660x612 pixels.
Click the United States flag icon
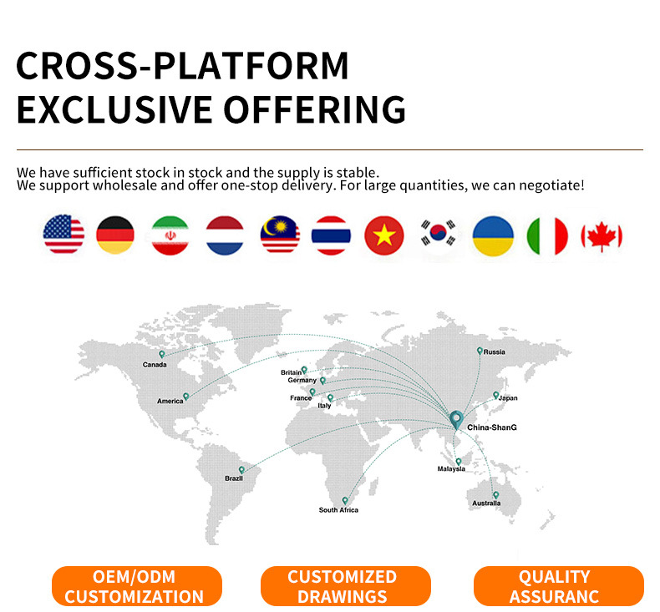click(x=63, y=235)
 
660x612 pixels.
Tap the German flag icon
click(x=115, y=235)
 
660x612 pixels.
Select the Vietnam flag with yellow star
click(x=383, y=235)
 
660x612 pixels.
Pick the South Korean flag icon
click(x=438, y=233)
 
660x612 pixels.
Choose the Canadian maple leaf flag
click(x=602, y=236)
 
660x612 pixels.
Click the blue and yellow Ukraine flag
click(x=493, y=235)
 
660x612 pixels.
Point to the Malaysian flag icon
click(x=280, y=235)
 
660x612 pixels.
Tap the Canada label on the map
click(x=155, y=365)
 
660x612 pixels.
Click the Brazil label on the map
click(x=234, y=478)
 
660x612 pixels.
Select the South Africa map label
click(x=338, y=510)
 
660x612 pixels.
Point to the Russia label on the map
click(x=494, y=352)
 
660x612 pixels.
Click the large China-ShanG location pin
click(x=456, y=420)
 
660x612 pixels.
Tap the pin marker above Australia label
click(x=496, y=495)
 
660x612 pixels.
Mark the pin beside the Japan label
click(x=496, y=396)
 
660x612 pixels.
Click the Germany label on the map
click(x=302, y=380)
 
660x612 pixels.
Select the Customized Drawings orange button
click(x=346, y=586)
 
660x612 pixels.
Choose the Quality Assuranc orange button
click(x=559, y=586)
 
